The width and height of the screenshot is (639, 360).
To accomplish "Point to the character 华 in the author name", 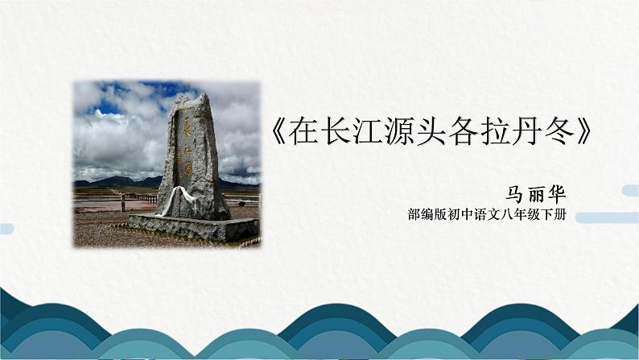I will click(557, 194).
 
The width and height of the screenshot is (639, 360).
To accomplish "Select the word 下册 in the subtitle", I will click(557, 217).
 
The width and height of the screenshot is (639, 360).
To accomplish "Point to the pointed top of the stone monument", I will click(202, 97).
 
